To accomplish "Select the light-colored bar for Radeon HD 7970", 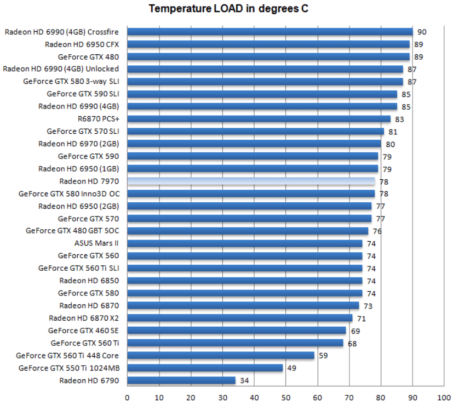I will pos(251,181).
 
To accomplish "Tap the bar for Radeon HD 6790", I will pos(181,380).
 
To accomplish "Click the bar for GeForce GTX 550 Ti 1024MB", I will pos(205,368).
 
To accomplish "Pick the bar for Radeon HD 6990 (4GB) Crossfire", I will pos(269,32).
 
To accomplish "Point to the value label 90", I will pos(421,32).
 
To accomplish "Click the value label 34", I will pos(244,380).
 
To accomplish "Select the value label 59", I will pos(323,356).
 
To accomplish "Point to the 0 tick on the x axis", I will pos(127,397).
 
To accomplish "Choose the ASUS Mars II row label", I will pos(96,243).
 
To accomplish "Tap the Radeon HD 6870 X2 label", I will pos(84,318).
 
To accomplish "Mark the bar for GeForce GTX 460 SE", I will pos(237,331).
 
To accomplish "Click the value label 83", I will pos(399,119).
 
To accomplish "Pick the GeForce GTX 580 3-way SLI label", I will pos(71,82).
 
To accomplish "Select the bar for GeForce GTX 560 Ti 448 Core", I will pos(221,355).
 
